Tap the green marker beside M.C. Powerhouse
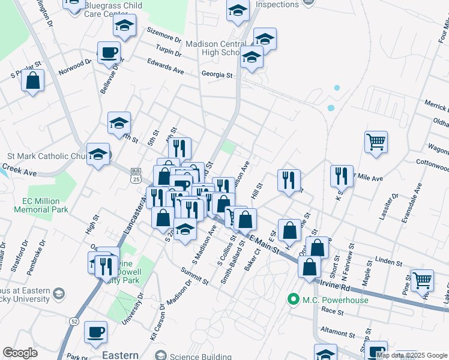(x=294, y=299)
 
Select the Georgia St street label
(x=217, y=75)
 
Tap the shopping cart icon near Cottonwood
(x=376, y=142)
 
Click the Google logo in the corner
(x=20, y=353)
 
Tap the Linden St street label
(x=388, y=262)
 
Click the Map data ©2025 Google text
(x=411, y=355)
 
